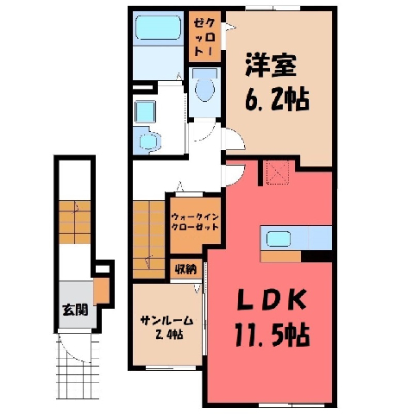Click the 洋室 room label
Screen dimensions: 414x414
pos(271,66)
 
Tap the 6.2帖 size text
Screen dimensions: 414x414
pos(277,100)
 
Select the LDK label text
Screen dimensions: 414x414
pos(271,300)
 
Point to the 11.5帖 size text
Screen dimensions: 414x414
pos(273,335)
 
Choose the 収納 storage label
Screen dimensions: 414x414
pos(185,270)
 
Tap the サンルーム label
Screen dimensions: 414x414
pos(166,320)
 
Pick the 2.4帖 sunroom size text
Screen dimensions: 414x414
pos(170,335)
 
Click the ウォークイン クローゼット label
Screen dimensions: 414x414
pos(195,222)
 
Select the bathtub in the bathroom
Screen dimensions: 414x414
pos(158,28)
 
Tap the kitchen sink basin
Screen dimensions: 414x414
pos(279,239)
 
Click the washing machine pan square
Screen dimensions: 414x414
pos(145,111)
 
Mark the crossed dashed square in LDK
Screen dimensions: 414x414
pos(278,172)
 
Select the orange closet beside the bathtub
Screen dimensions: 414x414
pos(204,36)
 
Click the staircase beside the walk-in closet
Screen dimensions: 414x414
pos(149,239)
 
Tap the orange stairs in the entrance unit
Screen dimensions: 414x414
pos(75,222)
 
